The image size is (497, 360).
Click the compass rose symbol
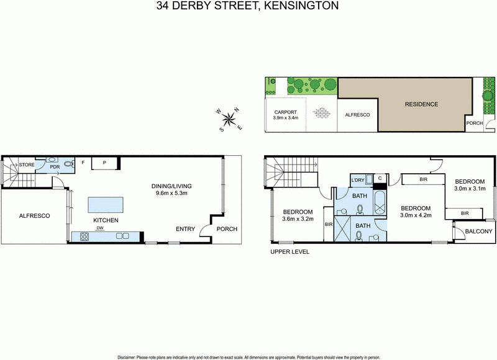click(230, 119)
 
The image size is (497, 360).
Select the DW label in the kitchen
click(100, 228)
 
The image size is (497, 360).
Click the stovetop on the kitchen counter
click(82, 236)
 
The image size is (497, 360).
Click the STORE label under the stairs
click(26, 164)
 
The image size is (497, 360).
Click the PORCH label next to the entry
click(227, 229)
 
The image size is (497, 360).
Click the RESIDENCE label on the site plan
click(421, 104)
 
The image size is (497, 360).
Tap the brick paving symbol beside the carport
click(321, 113)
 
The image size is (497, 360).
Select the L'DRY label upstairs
click(357, 180)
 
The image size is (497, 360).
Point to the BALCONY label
click(478, 232)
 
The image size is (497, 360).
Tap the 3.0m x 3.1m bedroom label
click(470, 184)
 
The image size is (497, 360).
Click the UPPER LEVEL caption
click(289, 252)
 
